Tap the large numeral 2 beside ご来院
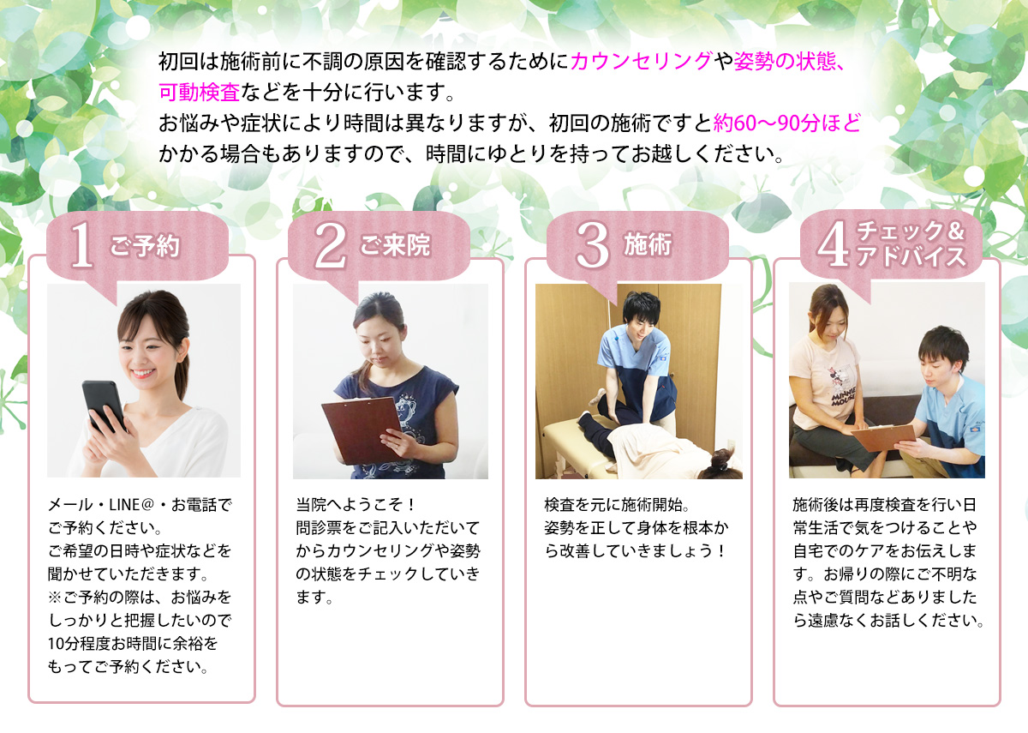point(331,245)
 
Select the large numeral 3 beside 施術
point(593,245)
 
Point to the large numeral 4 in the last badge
point(833,243)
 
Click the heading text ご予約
point(145,246)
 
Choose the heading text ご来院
point(395,245)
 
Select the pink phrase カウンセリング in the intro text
point(641,61)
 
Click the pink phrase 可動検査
point(199,92)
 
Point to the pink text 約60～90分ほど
point(786,123)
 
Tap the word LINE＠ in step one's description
point(131,505)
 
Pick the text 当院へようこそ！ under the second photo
point(356,505)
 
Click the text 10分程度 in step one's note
point(79,644)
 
